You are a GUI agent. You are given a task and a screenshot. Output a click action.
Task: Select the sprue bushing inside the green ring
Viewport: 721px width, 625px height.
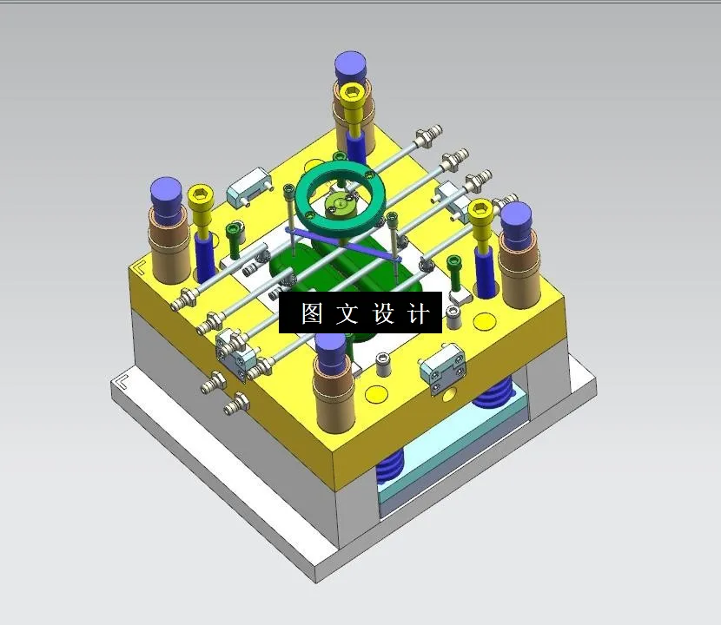tap(339, 204)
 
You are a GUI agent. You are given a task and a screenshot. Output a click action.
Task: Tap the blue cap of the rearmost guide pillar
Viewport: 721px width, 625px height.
tap(351, 65)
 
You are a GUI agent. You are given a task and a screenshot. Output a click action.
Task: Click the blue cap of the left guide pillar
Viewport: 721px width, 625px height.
tap(166, 194)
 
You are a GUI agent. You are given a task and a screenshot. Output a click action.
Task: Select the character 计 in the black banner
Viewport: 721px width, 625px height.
tap(419, 313)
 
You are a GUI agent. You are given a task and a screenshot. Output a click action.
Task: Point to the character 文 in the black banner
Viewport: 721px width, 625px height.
tap(347, 313)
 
